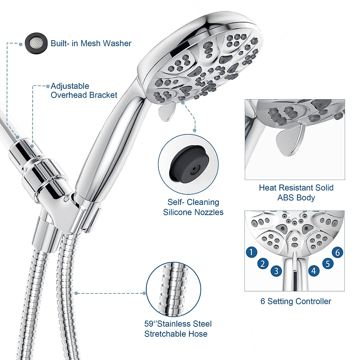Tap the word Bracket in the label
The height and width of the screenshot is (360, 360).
tap(103, 95)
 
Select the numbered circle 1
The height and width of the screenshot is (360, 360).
tap(251, 252)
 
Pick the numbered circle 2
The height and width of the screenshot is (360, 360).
tap(263, 264)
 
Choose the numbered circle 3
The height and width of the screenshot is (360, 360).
tap(276, 271)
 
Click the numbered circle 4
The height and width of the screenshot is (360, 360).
tap(313, 271)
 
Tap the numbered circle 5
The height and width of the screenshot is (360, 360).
tap(328, 263)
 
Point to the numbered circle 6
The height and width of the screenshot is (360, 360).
tap(337, 253)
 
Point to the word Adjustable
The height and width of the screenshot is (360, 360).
tap(70, 86)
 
